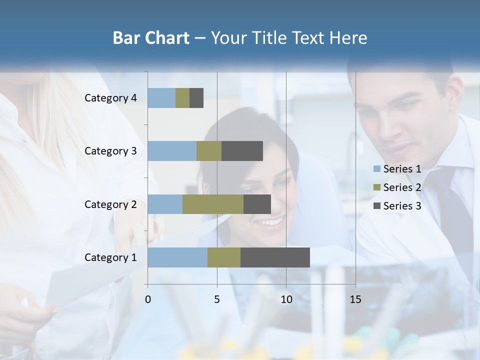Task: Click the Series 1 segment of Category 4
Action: (161, 98)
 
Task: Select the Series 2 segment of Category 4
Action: (182, 98)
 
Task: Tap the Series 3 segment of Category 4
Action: (196, 98)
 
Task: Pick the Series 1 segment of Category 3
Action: (172, 151)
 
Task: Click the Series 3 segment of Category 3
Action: (242, 151)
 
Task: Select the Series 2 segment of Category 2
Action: (213, 204)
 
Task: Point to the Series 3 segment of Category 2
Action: (257, 204)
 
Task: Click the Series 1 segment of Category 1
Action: (177, 257)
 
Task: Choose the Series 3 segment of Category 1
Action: (275, 257)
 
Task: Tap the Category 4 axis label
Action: (110, 98)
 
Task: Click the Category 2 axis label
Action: (110, 204)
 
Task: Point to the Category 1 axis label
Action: (110, 257)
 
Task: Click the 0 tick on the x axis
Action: (148, 299)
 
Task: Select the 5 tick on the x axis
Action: (217, 299)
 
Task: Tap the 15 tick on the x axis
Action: (355, 299)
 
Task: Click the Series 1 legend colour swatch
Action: (377, 169)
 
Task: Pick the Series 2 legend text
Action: (402, 187)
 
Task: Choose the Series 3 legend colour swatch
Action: (377, 206)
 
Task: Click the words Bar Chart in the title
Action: (151, 38)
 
